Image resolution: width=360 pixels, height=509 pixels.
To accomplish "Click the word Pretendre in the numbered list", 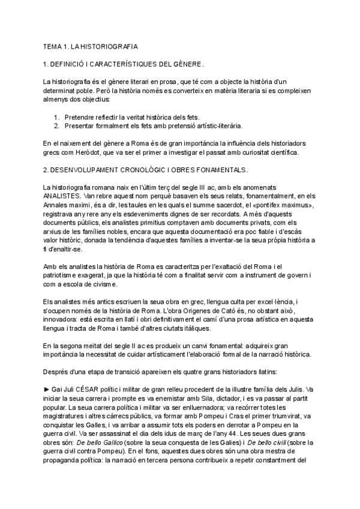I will (81, 116).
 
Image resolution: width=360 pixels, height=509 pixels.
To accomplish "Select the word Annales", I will (57, 204).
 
